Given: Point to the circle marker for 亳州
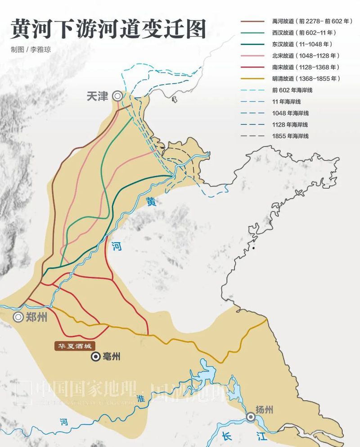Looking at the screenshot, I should tap(96, 357).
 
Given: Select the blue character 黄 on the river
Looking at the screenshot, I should tap(151, 203).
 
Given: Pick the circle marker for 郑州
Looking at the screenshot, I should tap(18, 317).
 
